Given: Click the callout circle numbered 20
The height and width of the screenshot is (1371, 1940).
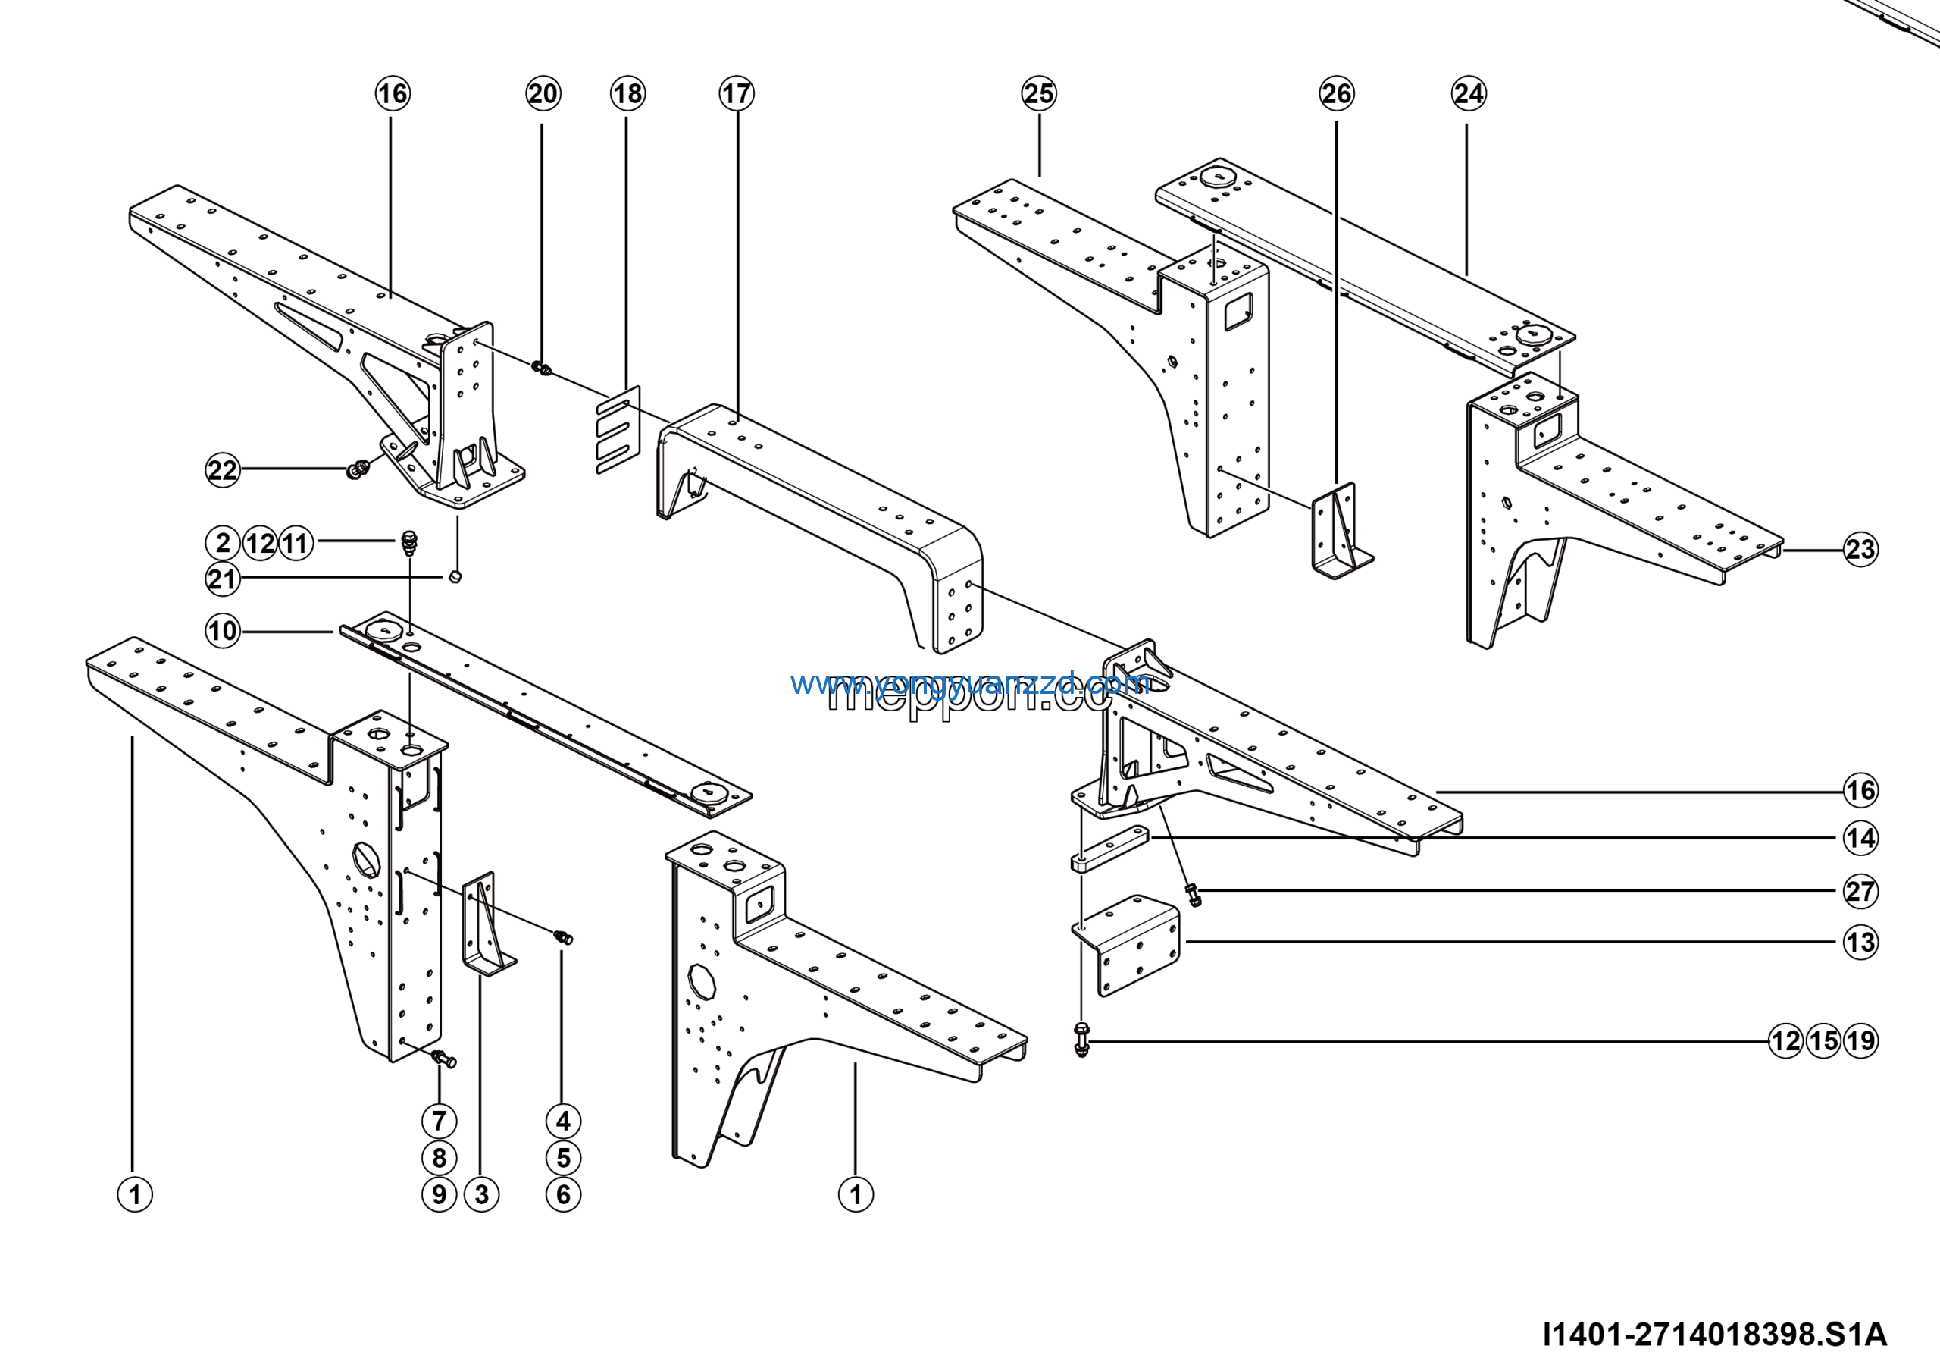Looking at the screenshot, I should click(543, 94).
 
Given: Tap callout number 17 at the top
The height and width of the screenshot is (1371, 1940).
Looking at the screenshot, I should click(736, 94).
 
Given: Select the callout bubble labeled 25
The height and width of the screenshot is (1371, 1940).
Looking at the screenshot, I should click(1038, 94).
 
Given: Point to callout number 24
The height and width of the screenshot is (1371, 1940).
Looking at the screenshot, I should click(1469, 94).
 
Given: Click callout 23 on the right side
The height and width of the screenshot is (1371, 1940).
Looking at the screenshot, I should click(1860, 550).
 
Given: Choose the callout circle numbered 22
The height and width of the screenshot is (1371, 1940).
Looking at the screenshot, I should click(223, 470).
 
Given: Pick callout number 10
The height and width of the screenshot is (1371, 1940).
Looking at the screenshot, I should click(223, 631).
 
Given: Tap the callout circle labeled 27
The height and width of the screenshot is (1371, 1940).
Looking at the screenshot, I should click(1860, 891).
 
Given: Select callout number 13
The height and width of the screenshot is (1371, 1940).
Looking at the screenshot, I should click(1860, 943).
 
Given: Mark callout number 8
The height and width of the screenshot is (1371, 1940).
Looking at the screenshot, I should click(440, 1158).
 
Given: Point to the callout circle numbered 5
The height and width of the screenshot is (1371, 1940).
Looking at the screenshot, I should click(564, 1158).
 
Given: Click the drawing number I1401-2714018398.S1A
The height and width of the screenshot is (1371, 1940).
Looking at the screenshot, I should click(1714, 1334).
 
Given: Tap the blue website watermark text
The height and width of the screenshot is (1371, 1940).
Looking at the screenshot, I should click(969, 683).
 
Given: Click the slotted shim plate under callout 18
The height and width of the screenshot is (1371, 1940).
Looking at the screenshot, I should click(618, 429).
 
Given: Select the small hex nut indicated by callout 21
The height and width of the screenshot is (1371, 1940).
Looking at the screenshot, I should click(455, 577).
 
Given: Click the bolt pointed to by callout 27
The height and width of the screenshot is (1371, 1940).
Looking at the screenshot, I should click(1193, 894).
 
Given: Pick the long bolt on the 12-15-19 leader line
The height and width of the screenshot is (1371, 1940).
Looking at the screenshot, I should click(1081, 1040).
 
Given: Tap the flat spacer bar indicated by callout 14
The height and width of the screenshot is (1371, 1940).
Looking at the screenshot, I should click(1109, 849).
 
